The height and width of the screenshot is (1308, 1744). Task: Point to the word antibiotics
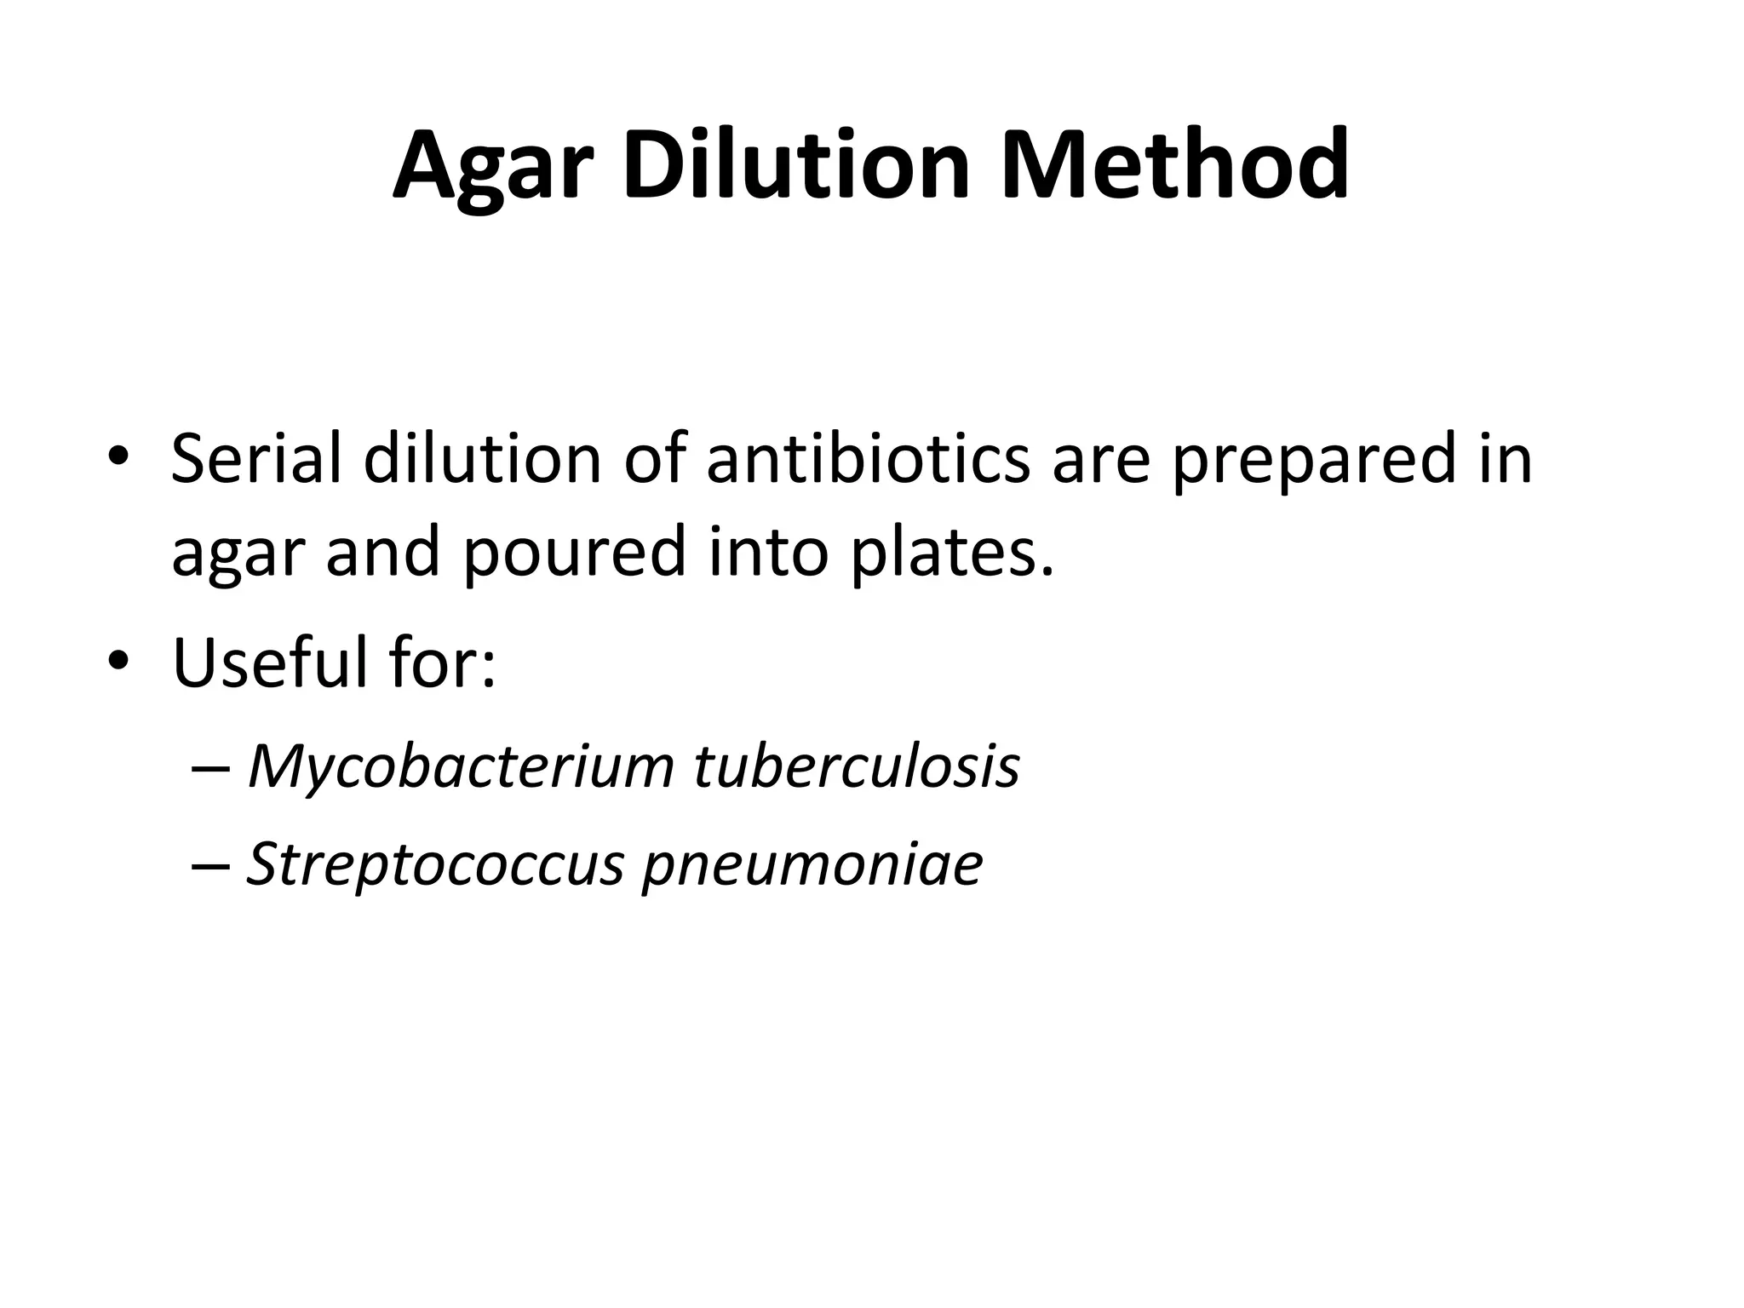(868, 459)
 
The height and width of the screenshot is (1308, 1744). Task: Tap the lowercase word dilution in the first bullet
(483, 459)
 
